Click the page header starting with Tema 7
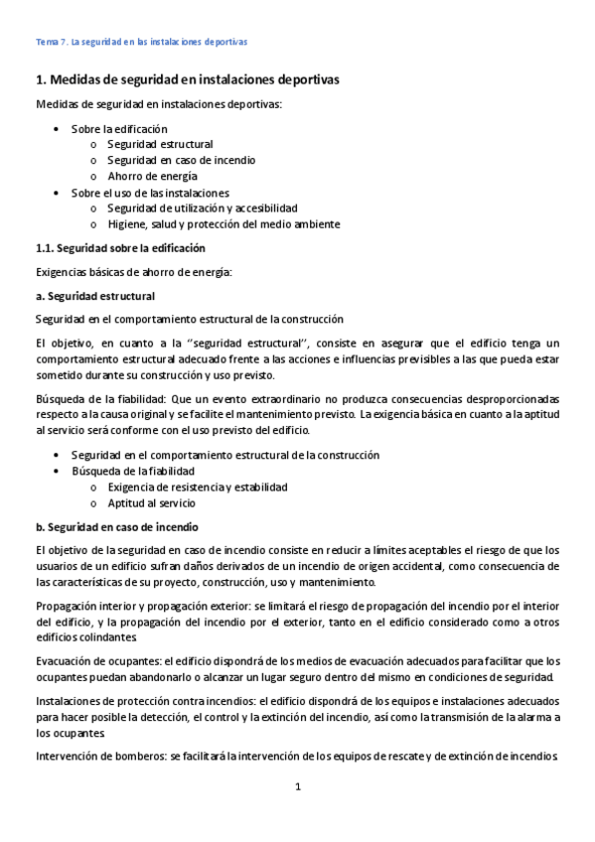pyautogui.click(x=141, y=43)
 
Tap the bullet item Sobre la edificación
pyautogui.click(x=119, y=129)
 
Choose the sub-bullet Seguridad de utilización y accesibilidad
pyautogui.click(x=203, y=208)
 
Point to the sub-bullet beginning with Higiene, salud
pyautogui.click(x=223, y=223)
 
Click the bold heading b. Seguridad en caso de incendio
pyautogui.click(x=117, y=526)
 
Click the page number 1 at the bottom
pyautogui.click(x=297, y=787)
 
